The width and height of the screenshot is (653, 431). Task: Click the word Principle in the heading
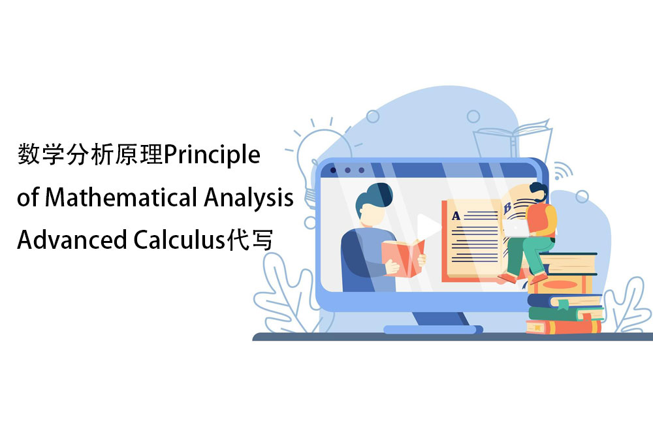tap(212, 155)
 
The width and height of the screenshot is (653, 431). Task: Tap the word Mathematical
tap(121, 197)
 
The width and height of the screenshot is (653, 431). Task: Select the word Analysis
tap(249, 199)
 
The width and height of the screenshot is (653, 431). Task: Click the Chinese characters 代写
tap(249, 240)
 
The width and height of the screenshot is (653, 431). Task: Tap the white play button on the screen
tap(428, 227)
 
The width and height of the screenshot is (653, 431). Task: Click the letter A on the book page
tap(456, 215)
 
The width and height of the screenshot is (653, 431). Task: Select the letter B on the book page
tap(507, 208)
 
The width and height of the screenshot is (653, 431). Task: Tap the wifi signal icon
tap(562, 170)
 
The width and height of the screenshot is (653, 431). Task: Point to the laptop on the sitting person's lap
tap(517, 228)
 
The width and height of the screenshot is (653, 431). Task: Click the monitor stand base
tap(433, 329)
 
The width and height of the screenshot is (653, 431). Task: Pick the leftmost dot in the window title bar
tap(333, 170)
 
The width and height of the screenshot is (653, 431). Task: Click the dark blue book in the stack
tap(565, 300)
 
